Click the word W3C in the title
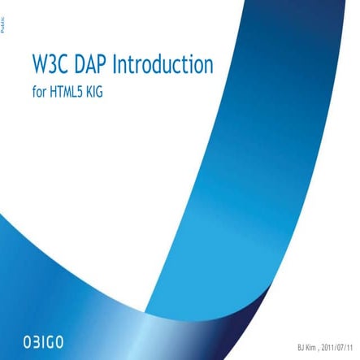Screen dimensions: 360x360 50,66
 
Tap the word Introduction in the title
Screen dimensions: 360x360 163,66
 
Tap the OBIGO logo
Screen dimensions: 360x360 50,336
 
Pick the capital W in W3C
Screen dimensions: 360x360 39,66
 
